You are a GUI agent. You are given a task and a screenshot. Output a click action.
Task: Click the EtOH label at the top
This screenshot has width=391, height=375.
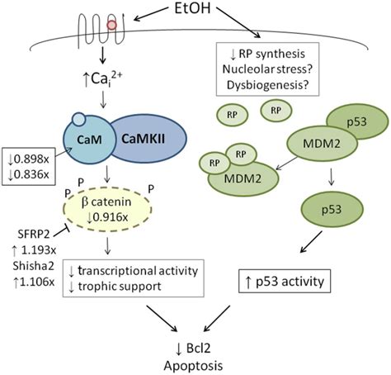pyautogui.click(x=192, y=8)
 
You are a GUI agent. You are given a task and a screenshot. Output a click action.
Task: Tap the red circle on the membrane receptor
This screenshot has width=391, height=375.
pyautogui.click(x=112, y=25)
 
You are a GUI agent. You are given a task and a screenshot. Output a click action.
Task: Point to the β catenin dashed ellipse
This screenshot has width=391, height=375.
pyautogui.click(x=107, y=210)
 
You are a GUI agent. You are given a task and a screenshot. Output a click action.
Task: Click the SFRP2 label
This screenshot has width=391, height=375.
pyautogui.click(x=34, y=235)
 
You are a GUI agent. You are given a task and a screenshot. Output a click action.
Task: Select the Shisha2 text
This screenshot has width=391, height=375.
pyautogui.click(x=33, y=266)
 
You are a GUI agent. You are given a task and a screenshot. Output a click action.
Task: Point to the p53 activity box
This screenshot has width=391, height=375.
pyautogui.click(x=285, y=281)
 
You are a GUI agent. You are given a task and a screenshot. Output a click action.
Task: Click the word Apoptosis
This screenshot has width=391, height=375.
pyautogui.click(x=193, y=366)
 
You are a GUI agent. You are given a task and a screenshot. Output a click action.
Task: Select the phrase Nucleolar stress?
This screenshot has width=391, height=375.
pyautogui.click(x=267, y=69)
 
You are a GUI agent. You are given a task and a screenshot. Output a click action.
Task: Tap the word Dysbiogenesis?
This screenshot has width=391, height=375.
pyautogui.click(x=268, y=85)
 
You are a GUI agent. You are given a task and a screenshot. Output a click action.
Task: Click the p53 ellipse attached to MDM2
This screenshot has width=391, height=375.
pyautogui.click(x=357, y=121)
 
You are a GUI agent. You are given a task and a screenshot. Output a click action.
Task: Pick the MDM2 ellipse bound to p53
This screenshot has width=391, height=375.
pyautogui.click(x=322, y=144)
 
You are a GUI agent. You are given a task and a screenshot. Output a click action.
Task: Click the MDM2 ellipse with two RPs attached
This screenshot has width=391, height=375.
pyautogui.click(x=243, y=179)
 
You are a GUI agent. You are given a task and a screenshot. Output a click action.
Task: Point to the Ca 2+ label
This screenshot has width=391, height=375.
pyautogui.click(x=102, y=78)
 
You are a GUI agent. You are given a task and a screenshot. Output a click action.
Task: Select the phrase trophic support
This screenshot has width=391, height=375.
pyautogui.click(x=120, y=287)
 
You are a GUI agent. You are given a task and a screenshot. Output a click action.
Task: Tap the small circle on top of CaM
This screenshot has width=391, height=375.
pyautogui.click(x=78, y=119)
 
